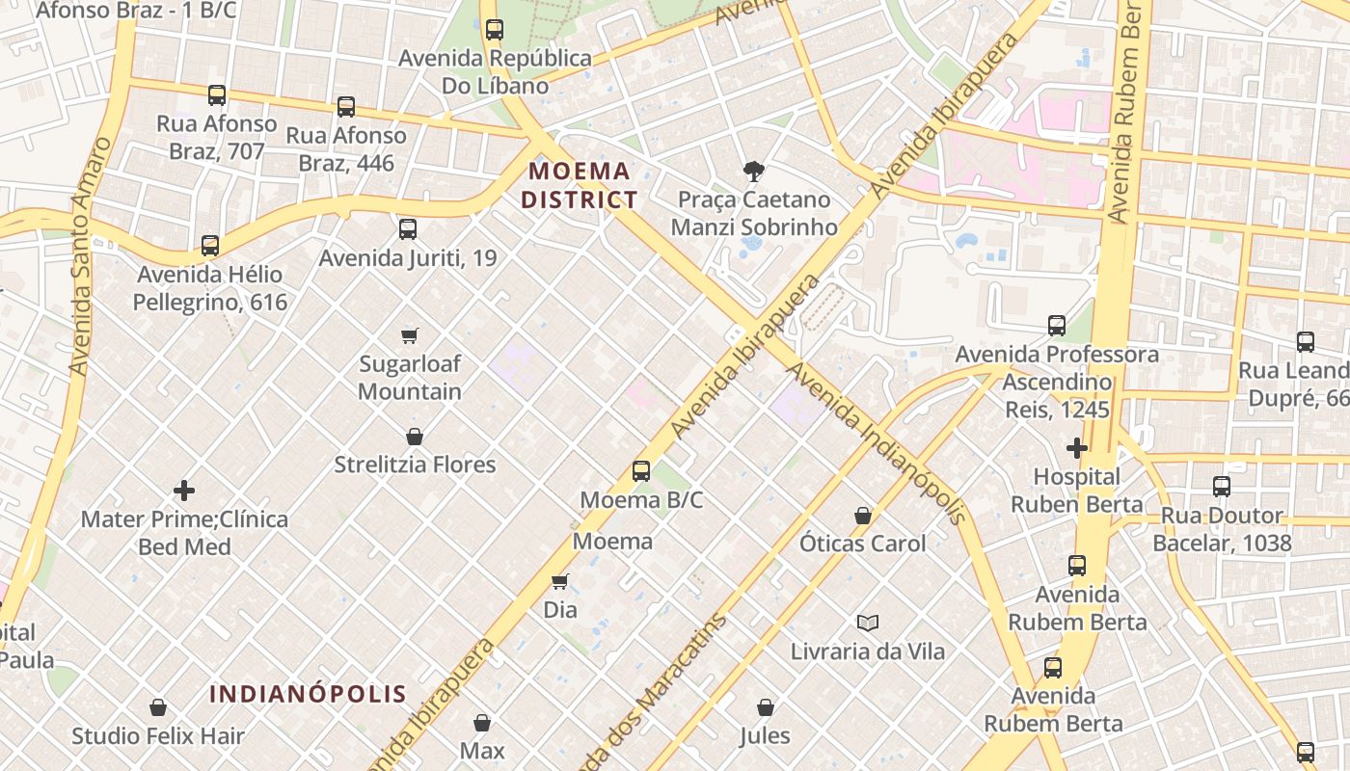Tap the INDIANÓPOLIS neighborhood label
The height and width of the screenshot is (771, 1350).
308,694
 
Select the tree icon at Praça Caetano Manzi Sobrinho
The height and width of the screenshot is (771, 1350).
753,172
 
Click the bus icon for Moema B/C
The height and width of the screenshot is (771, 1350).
641,471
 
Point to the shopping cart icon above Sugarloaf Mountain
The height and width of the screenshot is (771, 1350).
410,335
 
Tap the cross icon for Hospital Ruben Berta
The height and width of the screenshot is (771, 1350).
1076,448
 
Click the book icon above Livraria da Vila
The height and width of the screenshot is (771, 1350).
868,623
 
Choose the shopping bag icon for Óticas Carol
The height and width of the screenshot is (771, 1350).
863,516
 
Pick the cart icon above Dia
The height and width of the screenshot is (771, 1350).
559,581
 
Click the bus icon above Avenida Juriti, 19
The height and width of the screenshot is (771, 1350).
408,229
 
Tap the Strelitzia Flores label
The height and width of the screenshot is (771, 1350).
415,465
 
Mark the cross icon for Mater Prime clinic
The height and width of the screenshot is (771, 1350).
184,491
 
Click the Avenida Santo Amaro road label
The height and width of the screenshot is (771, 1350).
89,256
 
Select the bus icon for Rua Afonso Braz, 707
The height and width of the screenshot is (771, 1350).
217,95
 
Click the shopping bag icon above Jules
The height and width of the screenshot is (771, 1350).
765,707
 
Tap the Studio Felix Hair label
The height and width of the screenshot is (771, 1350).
158,736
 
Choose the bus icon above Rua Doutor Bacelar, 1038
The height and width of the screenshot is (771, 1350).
1222,487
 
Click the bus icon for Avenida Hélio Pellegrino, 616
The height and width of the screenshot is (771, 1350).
210,246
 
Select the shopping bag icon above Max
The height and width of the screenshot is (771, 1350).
482,722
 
